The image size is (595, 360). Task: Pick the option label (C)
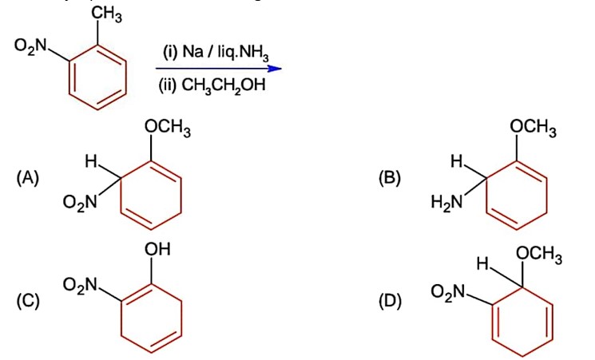(27, 301)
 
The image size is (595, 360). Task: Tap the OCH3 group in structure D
(539, 255)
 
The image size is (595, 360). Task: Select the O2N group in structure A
(81, 204)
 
